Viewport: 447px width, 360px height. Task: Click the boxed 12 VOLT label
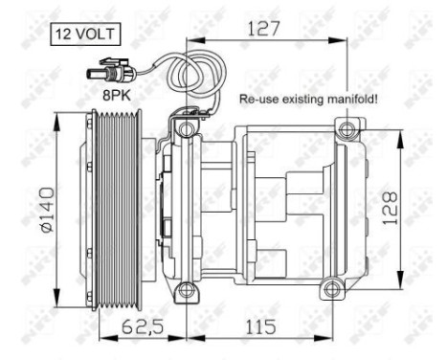pyautogui.click(x=84, y=34)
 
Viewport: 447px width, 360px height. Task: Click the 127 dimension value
pyautogui.click(x=257, y=28)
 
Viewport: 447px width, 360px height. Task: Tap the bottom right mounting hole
pyautogui.click(x=330, y=287)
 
